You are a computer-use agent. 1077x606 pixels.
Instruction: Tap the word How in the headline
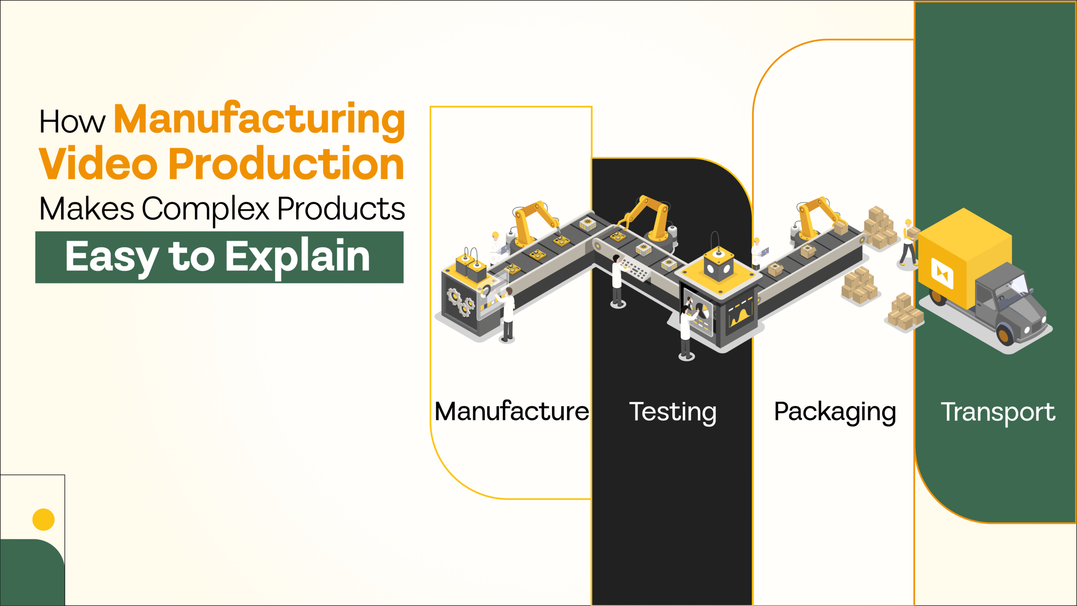tap(72, 122)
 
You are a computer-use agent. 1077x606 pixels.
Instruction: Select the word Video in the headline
tap(98, 164)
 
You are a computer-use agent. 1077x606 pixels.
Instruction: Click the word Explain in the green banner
tap(297, 257)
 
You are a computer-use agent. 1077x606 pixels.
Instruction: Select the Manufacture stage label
tap(512, 412)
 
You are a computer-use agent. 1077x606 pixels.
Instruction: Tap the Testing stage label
tap(672, 412)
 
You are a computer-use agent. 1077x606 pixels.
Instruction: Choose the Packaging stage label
tap(835, 412)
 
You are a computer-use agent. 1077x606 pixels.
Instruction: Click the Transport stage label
tap(998, 412)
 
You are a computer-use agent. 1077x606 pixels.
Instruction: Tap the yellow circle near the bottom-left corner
tap(43, 519)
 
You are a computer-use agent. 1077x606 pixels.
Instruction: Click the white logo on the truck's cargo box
tap(942, 274)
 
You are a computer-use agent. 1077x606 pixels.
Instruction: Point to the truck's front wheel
tap(1005, 334)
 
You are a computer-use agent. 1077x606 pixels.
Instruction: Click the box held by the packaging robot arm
tap(841, 228)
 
